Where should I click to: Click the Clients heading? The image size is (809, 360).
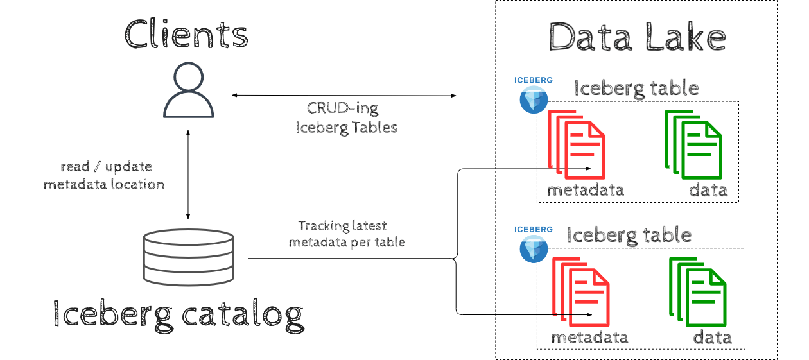click(x=186, y=33)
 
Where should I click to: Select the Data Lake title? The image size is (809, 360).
click(x=637, y=37)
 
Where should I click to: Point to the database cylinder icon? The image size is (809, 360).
click(x=188, y=258)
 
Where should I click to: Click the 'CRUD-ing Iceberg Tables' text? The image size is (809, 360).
click(x=346, y=117)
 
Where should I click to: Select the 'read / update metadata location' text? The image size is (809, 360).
click(x=104, y=176)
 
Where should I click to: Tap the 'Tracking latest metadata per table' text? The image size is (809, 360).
click(x=346, y=234)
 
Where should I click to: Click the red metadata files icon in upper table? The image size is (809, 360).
click(x=576, y=144)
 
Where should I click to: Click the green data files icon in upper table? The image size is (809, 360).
click(x=693, y=144)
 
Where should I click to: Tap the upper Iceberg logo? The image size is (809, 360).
click(x=534, y=96)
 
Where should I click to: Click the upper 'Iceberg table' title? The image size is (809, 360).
click(x=636, y=87)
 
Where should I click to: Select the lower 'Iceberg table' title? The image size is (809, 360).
click(x=629, y=235)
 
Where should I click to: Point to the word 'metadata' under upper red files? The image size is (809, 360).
click(x=585, y=190)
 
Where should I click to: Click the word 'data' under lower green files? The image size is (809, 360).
click(x=712, y=338)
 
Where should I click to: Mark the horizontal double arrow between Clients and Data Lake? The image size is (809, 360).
click(x=344, y=95)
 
